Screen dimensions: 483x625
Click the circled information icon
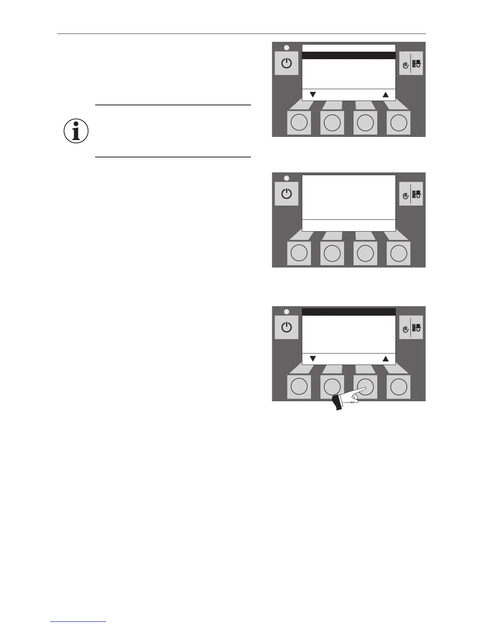[x=76, y=131]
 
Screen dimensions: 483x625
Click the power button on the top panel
[x=286, y=63]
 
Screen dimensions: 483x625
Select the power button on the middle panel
[x=286, y=194]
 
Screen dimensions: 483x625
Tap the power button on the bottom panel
[x=286, y=327]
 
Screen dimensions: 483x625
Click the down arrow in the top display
[x=313, y=95]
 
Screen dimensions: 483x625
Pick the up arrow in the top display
[x=386, y=95]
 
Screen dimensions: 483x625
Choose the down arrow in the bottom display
[x=313, y=359]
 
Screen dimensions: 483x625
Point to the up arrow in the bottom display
[x=386, y=359]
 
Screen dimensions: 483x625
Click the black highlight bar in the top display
[x=348, y=56]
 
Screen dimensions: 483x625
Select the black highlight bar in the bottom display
[x=348, y=312]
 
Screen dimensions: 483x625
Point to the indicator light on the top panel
[x=286, y=48]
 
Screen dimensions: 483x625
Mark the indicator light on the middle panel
[x=286, y=178]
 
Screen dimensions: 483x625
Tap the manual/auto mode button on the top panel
[x=411, y=63]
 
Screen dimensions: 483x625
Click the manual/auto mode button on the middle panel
[x=411, y=194]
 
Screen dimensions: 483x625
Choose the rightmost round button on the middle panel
[x=399, y=253]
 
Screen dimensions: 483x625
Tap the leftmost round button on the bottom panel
[x=299, y=387]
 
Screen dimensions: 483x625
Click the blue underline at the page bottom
[x=78, y=622]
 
